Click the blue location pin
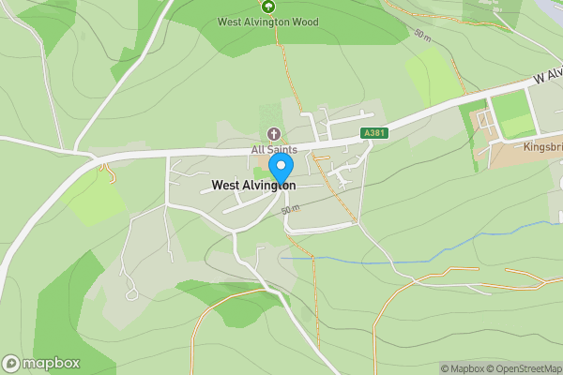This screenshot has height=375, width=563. point(280,170)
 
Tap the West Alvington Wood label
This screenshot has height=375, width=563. point(267,22)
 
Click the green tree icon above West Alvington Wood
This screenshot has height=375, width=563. point(268,6)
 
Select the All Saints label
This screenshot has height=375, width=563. point(274,150)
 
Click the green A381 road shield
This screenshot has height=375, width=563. point(373,134)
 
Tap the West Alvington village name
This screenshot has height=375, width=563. point(253,186)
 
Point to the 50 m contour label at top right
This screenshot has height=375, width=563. point(422,35)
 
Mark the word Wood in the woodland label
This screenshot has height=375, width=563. point(304,22)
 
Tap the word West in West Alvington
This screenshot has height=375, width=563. point(225,186)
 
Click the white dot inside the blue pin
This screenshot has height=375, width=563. point(280,166)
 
